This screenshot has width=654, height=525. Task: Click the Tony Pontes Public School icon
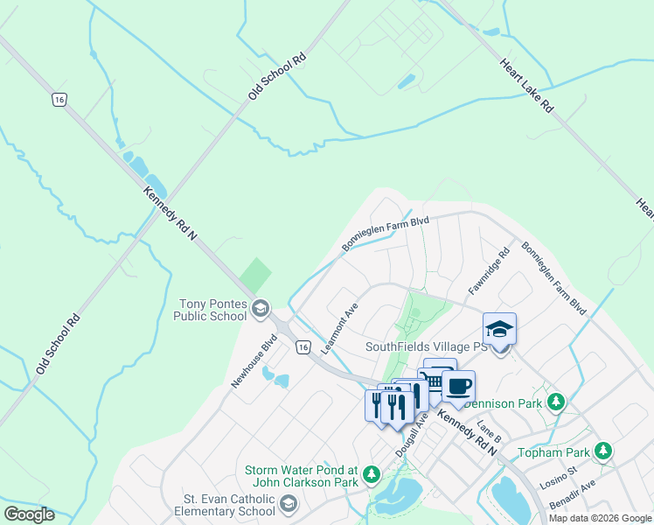click(260, 308)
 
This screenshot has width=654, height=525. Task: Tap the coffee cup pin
click(458, 386)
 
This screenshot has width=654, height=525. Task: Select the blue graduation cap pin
click(499, 328)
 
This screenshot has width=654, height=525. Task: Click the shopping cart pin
click(439, 374)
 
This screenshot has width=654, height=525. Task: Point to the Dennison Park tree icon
click(556, 403)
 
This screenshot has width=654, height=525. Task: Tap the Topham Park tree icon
click(602, 451)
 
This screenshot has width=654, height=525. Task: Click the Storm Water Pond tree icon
click(372, 474)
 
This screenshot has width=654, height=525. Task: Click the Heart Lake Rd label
click(527, 85)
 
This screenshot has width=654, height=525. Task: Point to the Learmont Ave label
click(339, 329)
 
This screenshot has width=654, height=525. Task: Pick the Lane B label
click(497, 430)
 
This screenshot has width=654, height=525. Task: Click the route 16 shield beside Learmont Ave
click(303, 347)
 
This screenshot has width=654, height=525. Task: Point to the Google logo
click(29, 514)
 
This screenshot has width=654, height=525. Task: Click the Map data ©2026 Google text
click(600, 518)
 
